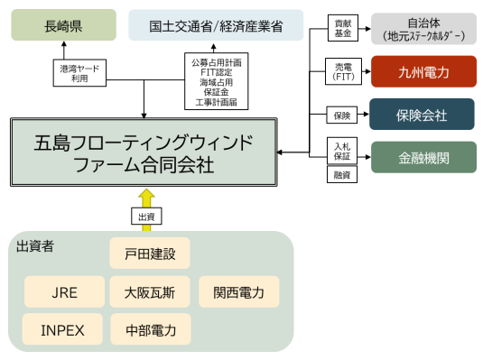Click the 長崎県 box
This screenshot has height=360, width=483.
[x=63, y=25]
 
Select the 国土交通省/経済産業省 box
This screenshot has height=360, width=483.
[x=216, y=25]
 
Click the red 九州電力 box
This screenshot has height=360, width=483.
[x=423, y=71]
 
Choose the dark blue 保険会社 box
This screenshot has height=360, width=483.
[x=423, y=115]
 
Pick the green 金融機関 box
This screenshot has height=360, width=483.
[x=423, y=158]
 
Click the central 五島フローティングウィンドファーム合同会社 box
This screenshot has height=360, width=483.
[x=144, y=153]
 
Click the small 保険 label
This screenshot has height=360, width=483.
[x=339, y=115]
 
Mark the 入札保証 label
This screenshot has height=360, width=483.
[x=340, y=152]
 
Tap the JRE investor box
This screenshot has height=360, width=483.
[x=62, y=292]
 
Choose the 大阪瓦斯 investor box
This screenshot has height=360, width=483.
[x=150, y=292]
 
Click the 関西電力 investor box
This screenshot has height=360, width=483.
[x=239, y=292]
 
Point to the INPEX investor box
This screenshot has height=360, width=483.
[x=62, y=329]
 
